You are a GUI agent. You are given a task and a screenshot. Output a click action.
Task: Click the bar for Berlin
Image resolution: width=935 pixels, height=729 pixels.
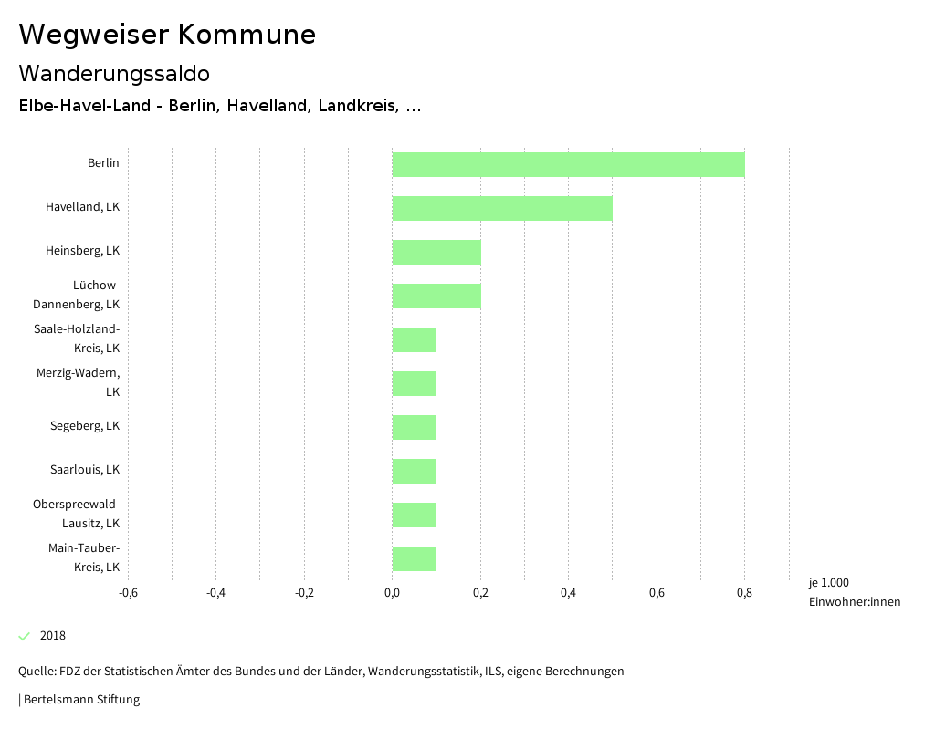[568, 164]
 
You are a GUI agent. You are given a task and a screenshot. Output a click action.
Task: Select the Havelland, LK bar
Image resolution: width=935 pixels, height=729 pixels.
[502, 208]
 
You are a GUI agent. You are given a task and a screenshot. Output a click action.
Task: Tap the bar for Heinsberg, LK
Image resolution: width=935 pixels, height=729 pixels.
[436, 252]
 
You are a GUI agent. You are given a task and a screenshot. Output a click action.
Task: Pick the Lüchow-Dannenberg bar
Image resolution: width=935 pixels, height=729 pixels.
[436, 296]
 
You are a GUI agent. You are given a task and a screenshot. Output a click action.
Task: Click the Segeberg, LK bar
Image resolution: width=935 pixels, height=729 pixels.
[415, 427]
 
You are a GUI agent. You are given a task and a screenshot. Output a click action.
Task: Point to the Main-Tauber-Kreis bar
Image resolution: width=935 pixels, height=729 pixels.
[415, 558]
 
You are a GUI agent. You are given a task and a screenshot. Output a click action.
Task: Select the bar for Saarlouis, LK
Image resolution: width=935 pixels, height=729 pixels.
[415, 471]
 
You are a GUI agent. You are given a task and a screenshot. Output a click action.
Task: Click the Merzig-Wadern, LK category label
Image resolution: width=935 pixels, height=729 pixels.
[79, 382]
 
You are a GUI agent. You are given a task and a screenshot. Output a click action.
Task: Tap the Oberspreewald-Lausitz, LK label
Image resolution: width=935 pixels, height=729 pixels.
[77, 514]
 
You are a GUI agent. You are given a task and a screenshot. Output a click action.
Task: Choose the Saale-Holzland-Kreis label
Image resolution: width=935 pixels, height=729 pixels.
[77, 338]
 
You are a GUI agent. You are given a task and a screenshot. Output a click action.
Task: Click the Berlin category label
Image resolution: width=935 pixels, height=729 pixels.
[103, 163]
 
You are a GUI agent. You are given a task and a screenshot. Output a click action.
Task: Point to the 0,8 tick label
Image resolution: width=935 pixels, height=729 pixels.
[744, 593]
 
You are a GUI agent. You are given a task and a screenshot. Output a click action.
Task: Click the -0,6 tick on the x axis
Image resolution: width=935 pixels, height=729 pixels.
[128, 593]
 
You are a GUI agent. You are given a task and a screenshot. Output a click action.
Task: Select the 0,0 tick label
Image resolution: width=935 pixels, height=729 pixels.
[392, 593]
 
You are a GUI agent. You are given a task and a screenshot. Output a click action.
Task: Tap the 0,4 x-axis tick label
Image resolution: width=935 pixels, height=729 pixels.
[568, 593]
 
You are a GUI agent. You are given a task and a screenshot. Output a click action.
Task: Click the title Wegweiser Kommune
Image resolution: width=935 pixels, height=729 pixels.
[167, 35]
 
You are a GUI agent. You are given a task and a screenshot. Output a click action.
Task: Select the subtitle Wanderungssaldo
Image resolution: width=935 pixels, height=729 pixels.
[114, 73]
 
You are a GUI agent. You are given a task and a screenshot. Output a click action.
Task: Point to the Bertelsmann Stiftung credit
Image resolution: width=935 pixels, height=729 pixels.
[80, 700]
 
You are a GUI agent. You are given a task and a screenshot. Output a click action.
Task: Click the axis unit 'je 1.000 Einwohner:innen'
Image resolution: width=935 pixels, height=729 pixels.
[854, 592]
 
